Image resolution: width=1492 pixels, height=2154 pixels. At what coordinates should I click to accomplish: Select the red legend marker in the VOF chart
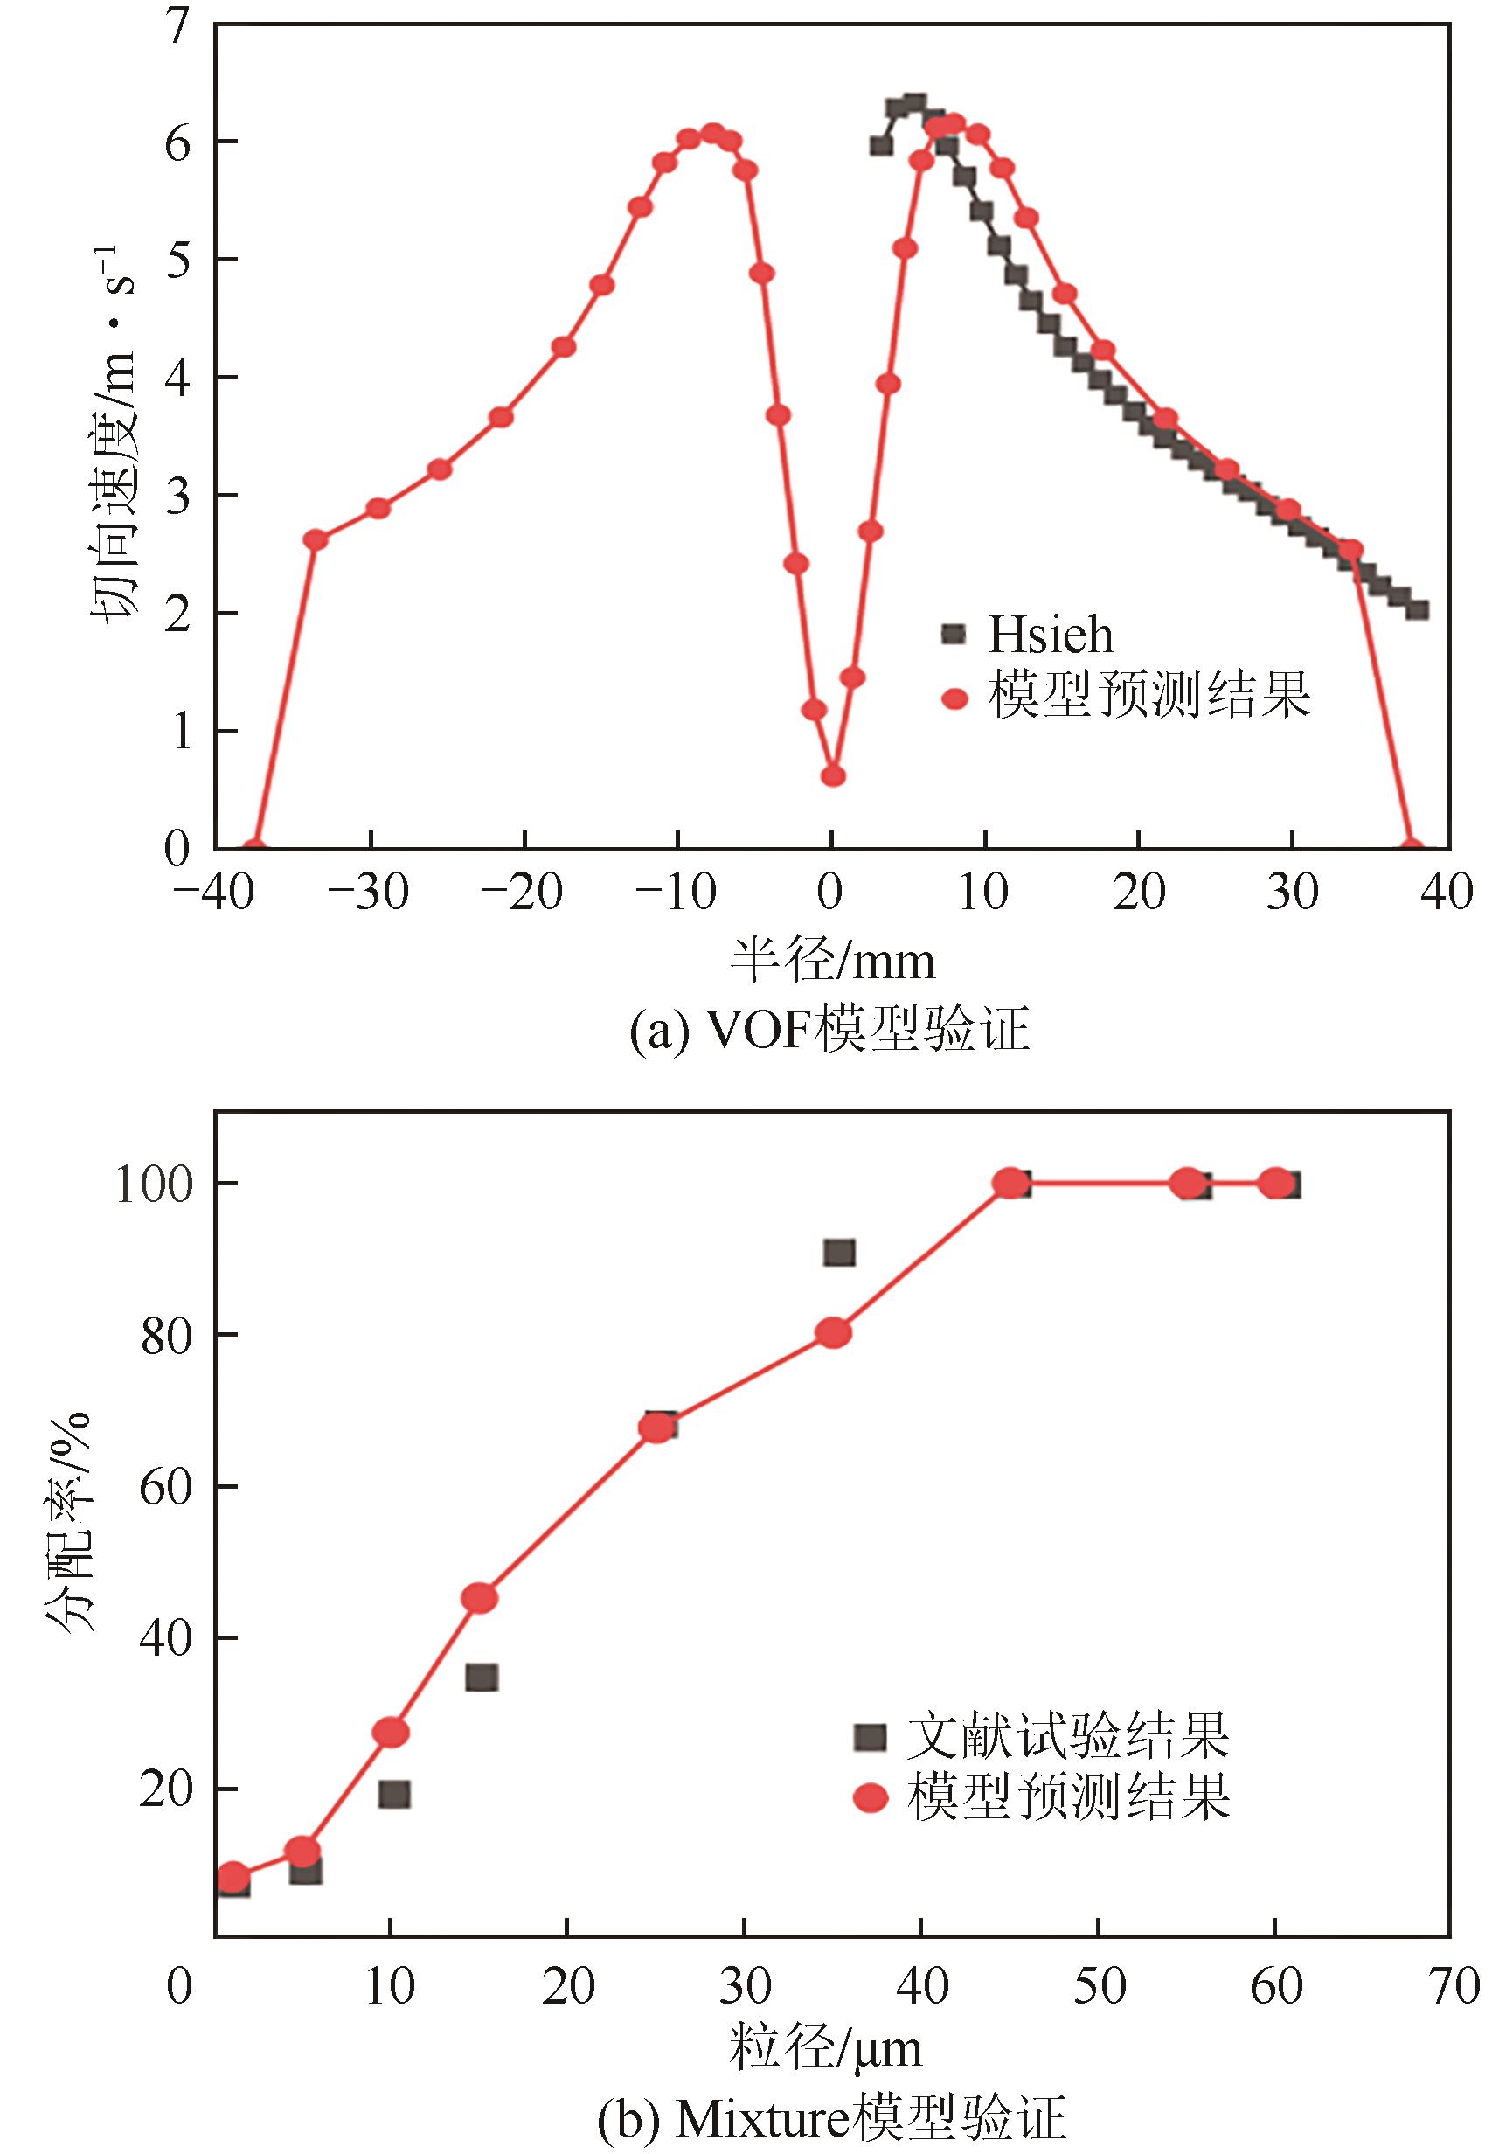(954, 698)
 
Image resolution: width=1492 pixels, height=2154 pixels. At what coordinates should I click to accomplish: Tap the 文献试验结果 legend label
(1067, 1736)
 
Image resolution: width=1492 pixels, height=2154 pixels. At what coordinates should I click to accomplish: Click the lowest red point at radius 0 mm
(833, 775)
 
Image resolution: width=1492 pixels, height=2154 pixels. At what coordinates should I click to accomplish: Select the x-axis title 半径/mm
(831, 961)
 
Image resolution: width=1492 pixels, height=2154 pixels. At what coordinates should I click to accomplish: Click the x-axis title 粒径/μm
(825, 2049)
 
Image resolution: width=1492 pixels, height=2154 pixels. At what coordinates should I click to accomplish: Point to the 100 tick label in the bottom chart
(154, 1184)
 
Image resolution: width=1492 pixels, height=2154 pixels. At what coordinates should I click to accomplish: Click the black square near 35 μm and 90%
(838, 1253)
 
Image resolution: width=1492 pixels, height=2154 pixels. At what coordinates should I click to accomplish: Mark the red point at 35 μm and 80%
(833, 1333)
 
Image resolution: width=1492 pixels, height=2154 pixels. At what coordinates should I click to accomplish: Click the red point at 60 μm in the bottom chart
(1275, 1183)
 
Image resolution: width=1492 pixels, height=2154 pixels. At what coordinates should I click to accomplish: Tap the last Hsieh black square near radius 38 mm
(1417, 609)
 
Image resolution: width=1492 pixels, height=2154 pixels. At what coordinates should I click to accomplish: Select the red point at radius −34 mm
(316, 539)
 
